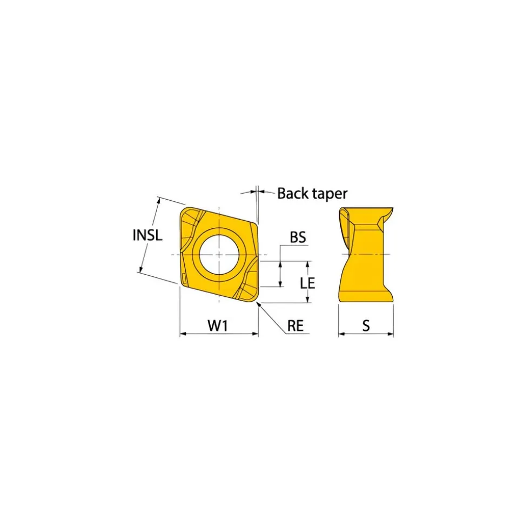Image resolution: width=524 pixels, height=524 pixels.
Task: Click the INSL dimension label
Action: pyautogui.click(x=147, y=235)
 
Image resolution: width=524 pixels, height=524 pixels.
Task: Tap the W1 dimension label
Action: pyautogui.click(x=218, y=325)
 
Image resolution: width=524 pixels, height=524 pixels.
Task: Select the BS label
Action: pyautogui.click(x=298, y=237)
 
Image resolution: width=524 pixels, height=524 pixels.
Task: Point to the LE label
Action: pyautogui.click(x=307, y=283)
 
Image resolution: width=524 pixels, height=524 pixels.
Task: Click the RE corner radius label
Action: pyautogui.click(x=295, y=325)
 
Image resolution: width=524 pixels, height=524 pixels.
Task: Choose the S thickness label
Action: pyautogui.click(x=366, y=325)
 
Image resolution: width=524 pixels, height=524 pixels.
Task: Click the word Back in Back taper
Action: pyautogui.click(x=291, y=193)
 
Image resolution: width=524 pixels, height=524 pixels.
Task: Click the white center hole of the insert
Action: pyautogui.click(x=219, y=255)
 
